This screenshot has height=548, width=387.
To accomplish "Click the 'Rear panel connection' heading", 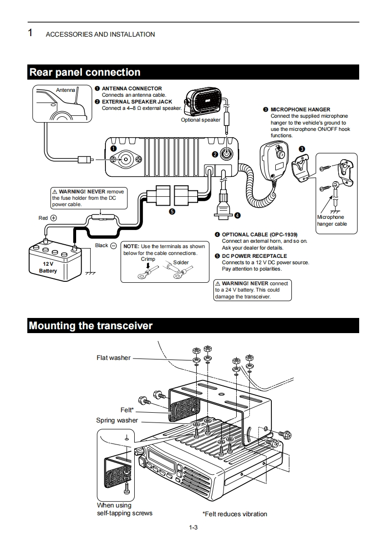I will coord(85,72).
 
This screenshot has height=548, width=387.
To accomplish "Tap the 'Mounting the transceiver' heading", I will coord(91,326).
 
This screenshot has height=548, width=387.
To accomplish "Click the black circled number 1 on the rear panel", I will coord(113,148).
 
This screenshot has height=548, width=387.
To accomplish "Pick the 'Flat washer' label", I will coord(113,358).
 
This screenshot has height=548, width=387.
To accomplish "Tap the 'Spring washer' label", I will coord(117,421).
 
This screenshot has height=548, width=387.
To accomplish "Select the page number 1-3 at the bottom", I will coord(193,527).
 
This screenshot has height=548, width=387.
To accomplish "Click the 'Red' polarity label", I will coord(43,218).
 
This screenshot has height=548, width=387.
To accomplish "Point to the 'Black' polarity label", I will coord(102,245).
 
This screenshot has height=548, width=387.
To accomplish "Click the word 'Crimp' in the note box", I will coord(148,259).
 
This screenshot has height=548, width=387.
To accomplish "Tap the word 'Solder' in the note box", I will coord(181,263).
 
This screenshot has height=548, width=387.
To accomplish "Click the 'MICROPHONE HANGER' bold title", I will coord(300,109).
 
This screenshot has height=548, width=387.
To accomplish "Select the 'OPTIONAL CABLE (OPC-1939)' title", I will coord(259,234).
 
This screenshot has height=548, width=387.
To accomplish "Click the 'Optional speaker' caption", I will coord(201,120).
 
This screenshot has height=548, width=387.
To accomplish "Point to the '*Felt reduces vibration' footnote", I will coord(235,514).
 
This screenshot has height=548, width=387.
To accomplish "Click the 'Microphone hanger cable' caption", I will coord(332,220).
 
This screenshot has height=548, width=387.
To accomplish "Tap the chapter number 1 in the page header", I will coord(30,33).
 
